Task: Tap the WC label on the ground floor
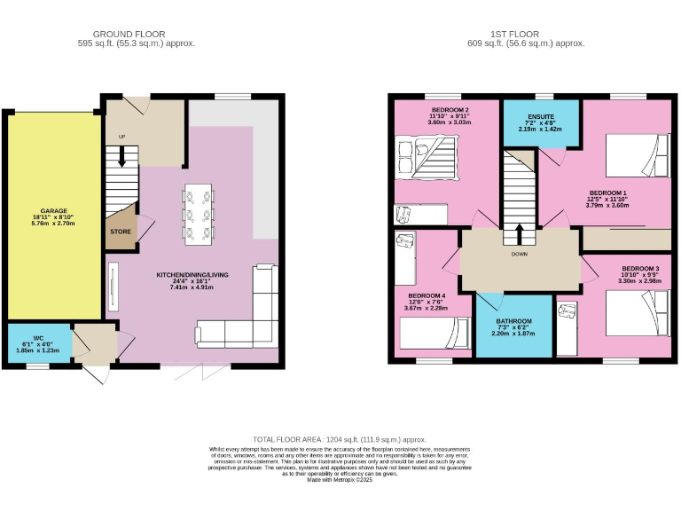[38, 337]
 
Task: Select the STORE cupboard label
[121, 232]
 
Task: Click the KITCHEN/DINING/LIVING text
[192, 275]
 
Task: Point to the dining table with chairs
[197, 214]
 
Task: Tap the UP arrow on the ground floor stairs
[121, 160]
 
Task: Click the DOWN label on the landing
[520, 253]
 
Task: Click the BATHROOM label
[513, 321]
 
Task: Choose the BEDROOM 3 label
[639, 268]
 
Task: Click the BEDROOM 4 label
[427, 295]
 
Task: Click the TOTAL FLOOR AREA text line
[340, 439]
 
